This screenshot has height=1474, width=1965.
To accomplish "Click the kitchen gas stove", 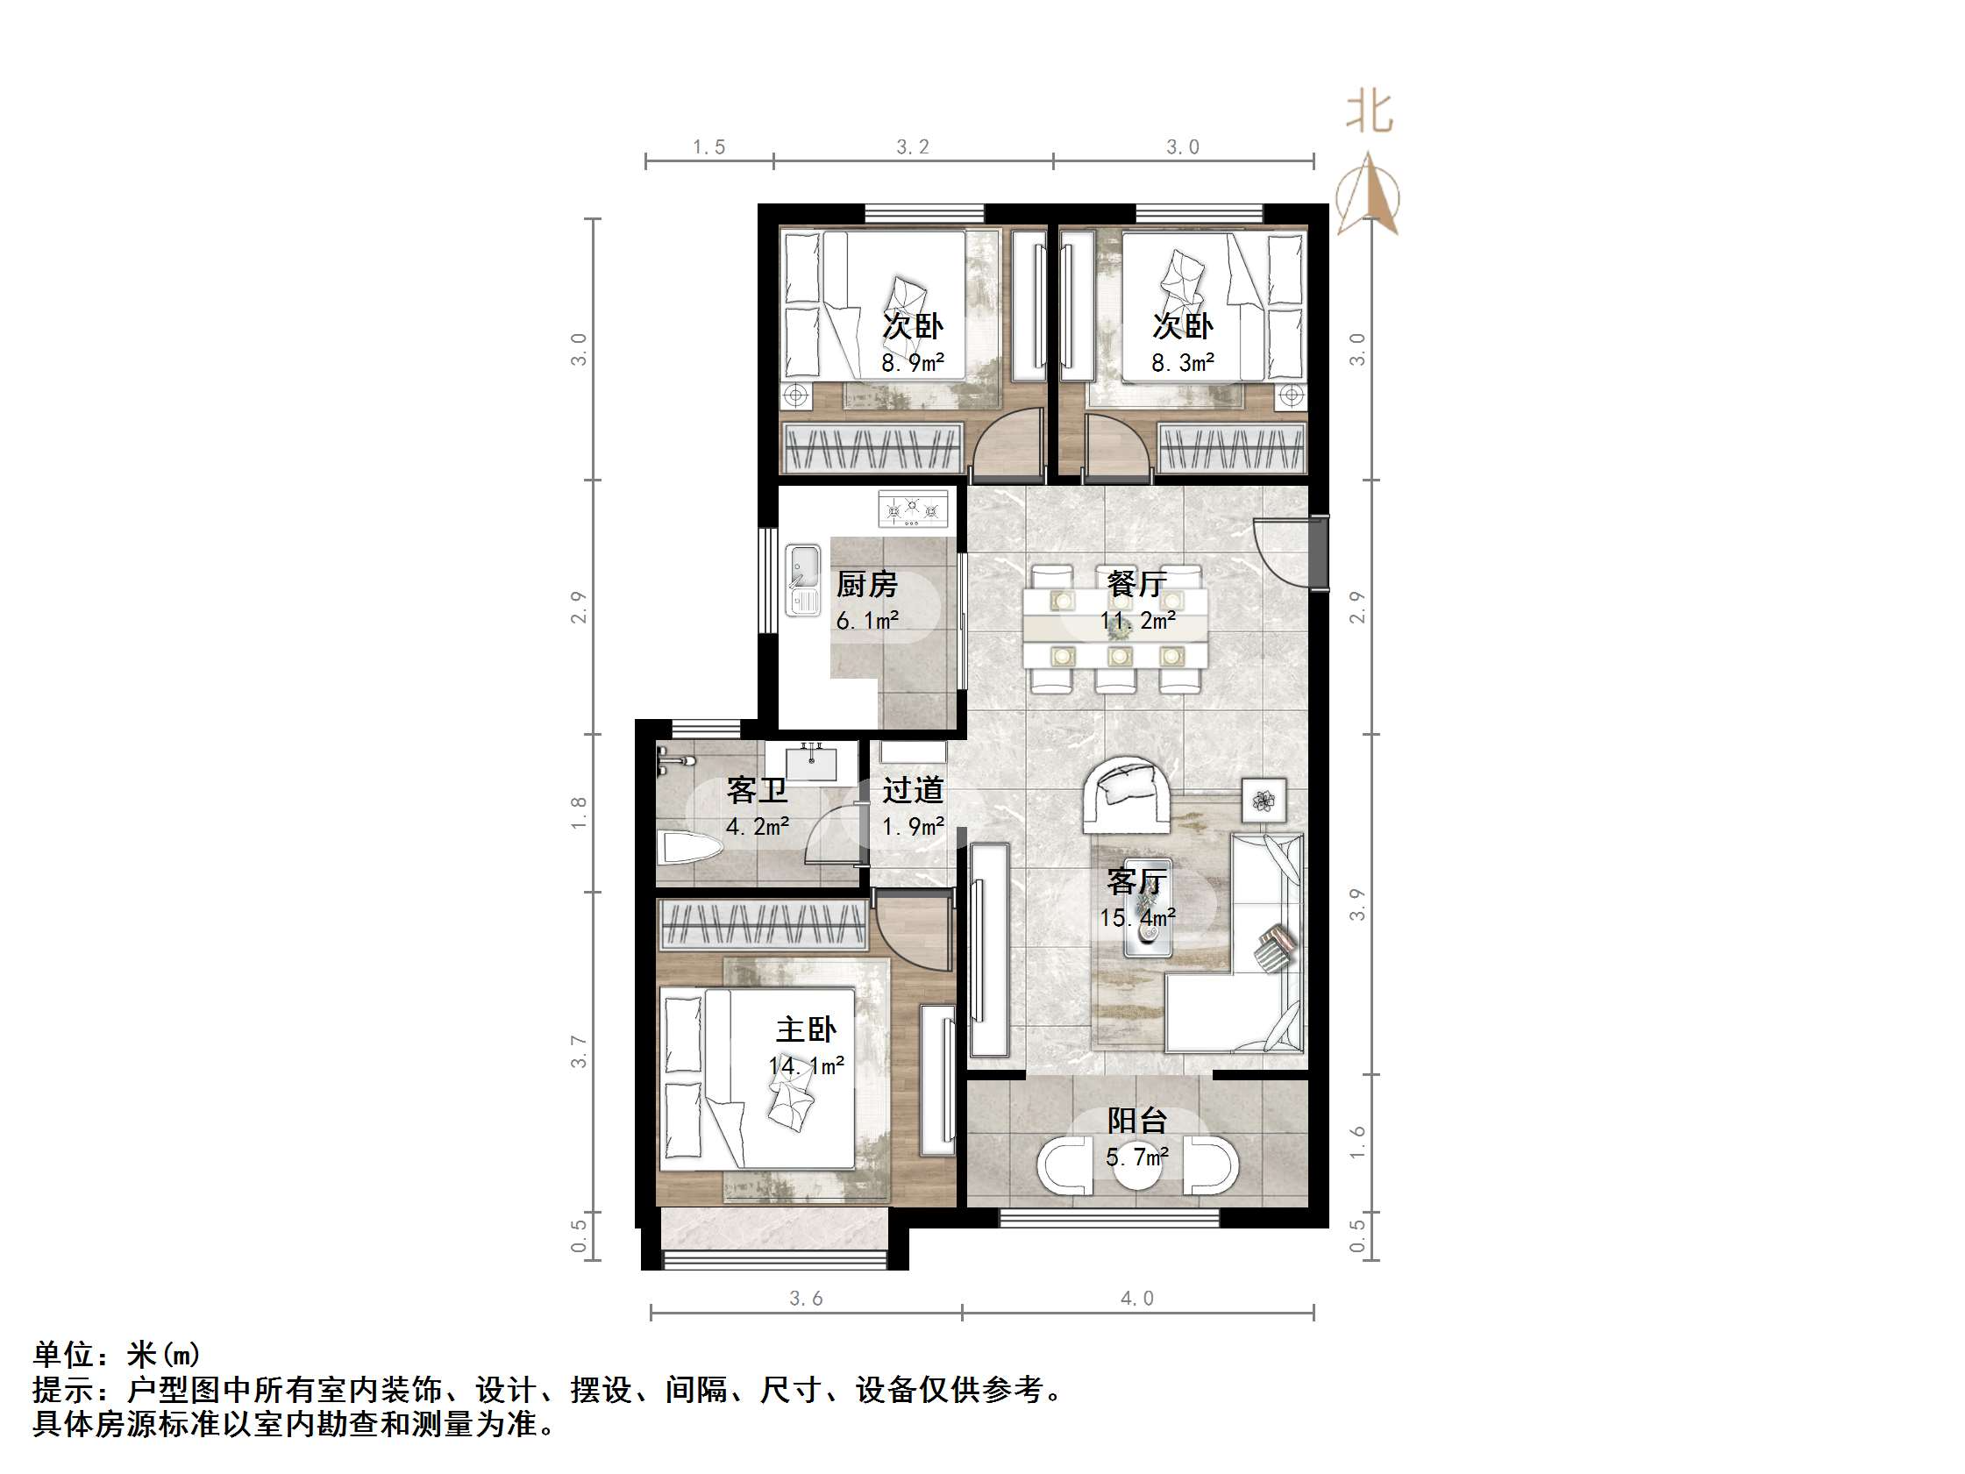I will (x=912, y=510).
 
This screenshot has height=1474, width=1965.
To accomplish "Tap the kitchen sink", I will (x=803, y=580).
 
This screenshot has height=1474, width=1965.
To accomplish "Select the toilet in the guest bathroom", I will (x=687, y=849).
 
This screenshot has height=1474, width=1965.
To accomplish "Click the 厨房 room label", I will (x=866, y=585).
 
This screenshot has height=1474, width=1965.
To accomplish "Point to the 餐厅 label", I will (x=1136, y=584).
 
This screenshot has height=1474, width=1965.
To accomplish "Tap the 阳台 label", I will (x=1136, y=1122).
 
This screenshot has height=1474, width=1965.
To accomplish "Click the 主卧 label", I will (x=806, y=1029).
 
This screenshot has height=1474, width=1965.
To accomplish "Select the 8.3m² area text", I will (x=1182, y=362).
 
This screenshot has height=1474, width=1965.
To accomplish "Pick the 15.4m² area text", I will (x=1137, y=917).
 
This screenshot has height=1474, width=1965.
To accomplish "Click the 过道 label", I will (x=912, y=790).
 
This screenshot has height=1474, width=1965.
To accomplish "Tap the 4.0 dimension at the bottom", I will (x=1136, y=1299).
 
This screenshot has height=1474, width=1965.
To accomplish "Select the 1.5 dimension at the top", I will (x=708, y=147).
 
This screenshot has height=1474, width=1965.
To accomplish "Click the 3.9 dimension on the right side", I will (x=1356, y=904).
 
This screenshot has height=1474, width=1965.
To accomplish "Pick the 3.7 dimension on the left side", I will (x=579, y=1051).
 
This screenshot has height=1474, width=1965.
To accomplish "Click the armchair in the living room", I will (x=1127, y=794).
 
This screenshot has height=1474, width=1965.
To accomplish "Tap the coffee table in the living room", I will (x=1147, y=908).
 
